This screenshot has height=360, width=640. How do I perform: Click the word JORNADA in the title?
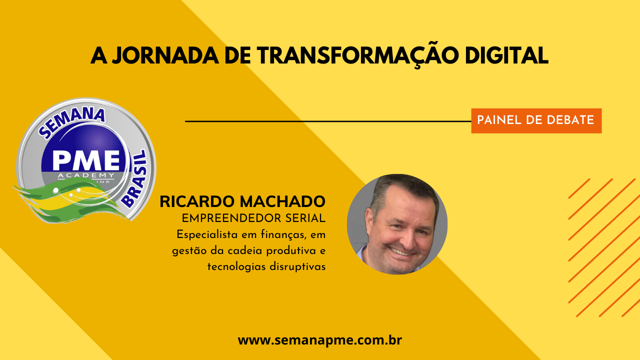point(165,55)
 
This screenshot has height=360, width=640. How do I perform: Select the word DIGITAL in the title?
point(506,55)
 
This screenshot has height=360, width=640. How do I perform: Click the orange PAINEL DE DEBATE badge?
point(536,120)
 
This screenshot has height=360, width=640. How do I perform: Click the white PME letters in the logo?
point(86,160)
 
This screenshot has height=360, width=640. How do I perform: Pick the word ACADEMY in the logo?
point(86,175)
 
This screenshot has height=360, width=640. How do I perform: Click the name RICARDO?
point(197,201)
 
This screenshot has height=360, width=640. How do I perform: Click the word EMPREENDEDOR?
point(231,218)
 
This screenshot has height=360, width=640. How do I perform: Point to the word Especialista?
point(207,235)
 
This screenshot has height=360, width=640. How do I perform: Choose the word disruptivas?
point(297,267)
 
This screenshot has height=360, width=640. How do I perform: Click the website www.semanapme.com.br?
point(320,340)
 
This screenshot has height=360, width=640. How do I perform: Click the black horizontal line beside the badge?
point(328,121)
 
